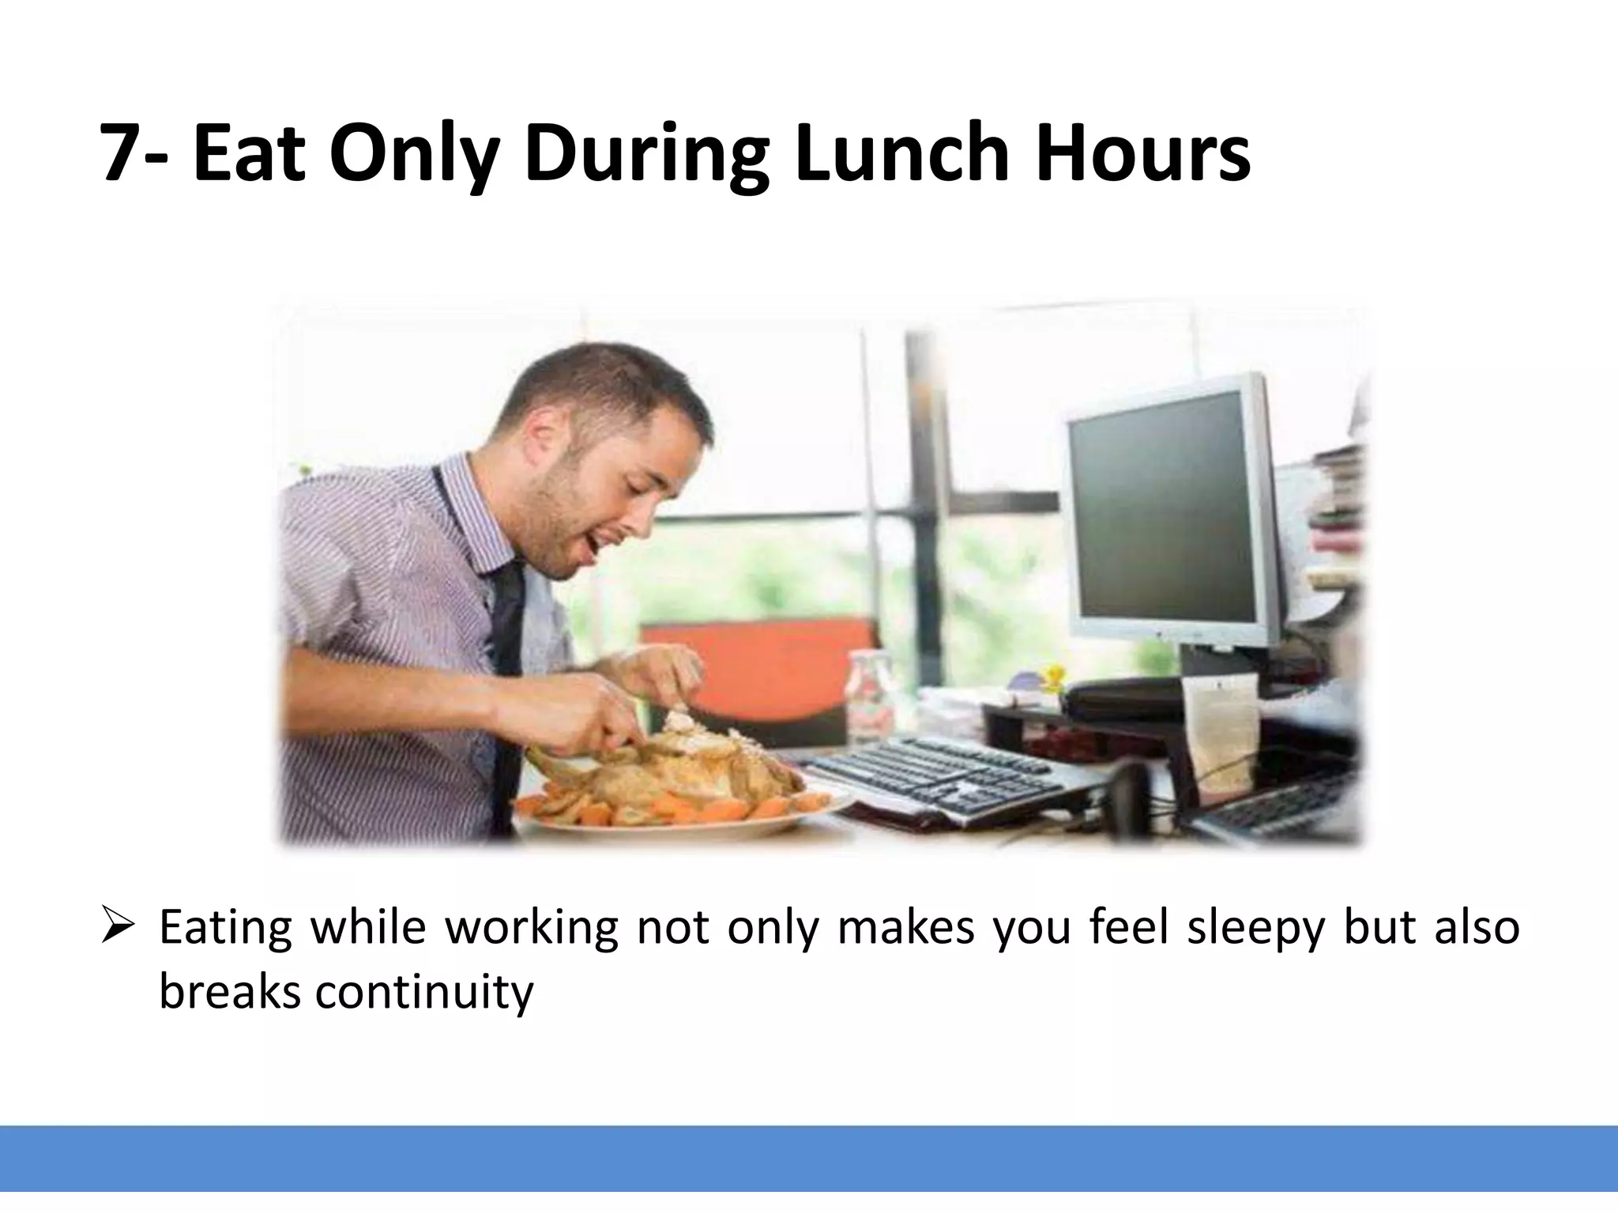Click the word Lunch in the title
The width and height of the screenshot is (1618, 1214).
click(x=901, y=152)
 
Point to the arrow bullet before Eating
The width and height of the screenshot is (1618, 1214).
click(x=118, y=926)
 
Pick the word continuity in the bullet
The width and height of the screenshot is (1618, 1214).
click(x=424, y=991)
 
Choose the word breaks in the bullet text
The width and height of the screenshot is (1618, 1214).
click(x=230, y=991)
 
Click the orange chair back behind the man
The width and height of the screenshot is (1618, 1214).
click(x=758, y=672)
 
